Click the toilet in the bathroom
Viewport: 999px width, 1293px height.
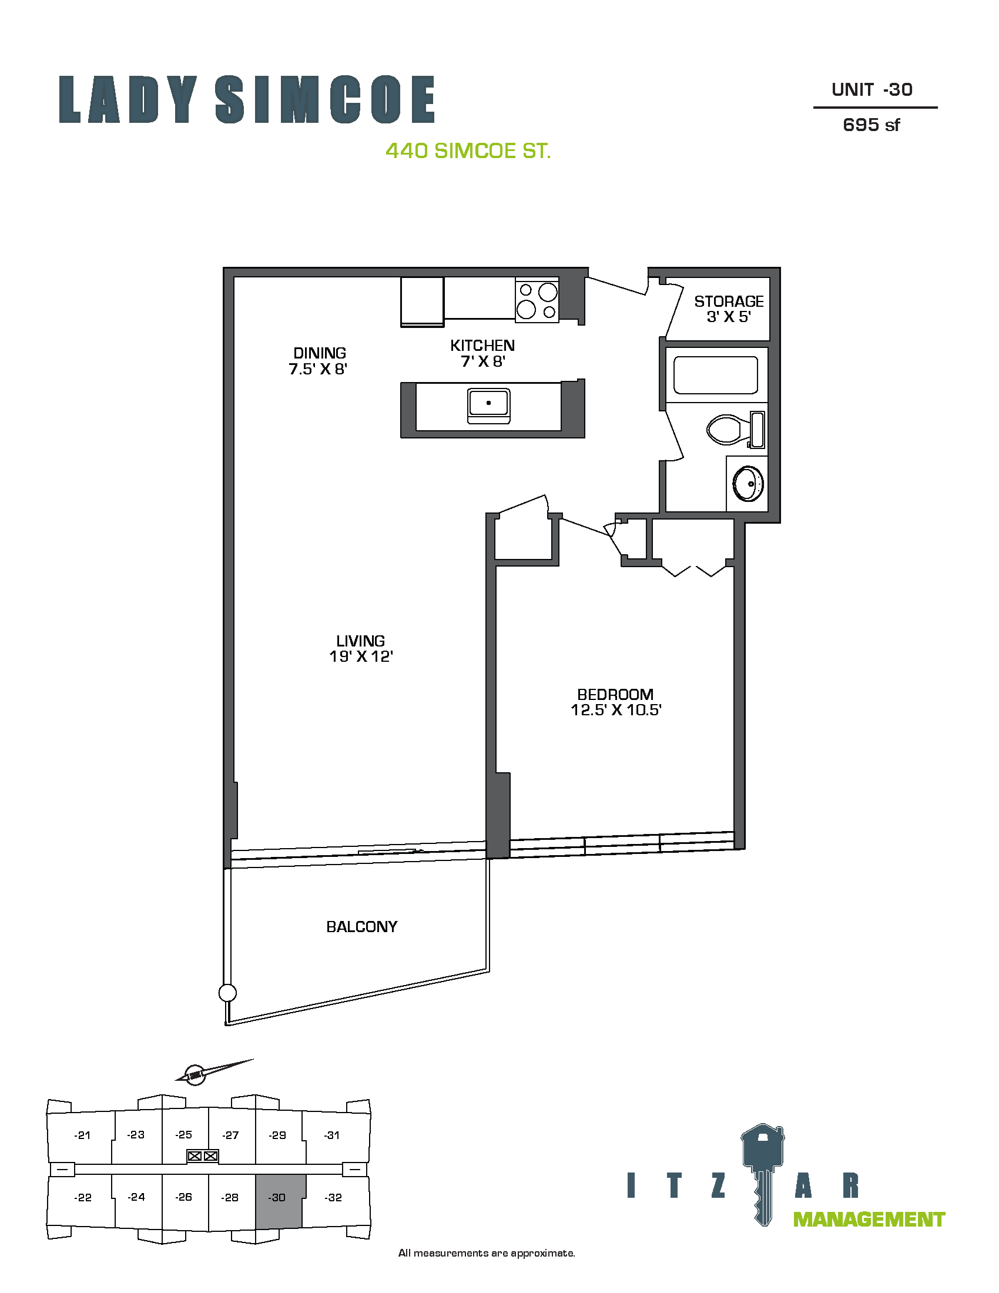pyautogui.click(x=736, y=429)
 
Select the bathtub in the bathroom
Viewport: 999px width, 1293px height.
pyautogui.click(x=716, y=375)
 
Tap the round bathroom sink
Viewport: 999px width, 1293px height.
pyautogui.click(x=748, y=484)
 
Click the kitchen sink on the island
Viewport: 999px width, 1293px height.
pyautogui.click(x=489, y=406)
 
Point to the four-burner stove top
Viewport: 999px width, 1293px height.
pyautogui.click(x=537, y=301)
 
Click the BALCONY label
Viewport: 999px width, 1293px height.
pyautogui.click(x=361, y=926)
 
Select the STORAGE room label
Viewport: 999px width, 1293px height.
pyautogui.click(x=729, y=302)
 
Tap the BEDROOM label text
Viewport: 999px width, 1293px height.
pyautogui.click(x=615, y=694)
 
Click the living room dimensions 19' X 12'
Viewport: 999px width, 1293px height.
pyautogui.click(x=361, y=656)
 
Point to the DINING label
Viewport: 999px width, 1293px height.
pyautogui.click(x=320, y=353)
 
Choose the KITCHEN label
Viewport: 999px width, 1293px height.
pyautogui.click(x=482, y=345)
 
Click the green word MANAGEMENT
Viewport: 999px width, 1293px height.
pyautogui.click(x=869, y=1220)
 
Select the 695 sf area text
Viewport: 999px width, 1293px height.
pyautogui.click(x=871, y=125)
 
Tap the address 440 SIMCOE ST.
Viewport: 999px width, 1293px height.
pyautogui.click(x=468, y=151)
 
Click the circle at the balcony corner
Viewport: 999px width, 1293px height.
pyautogui.click(x=227, y=993)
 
